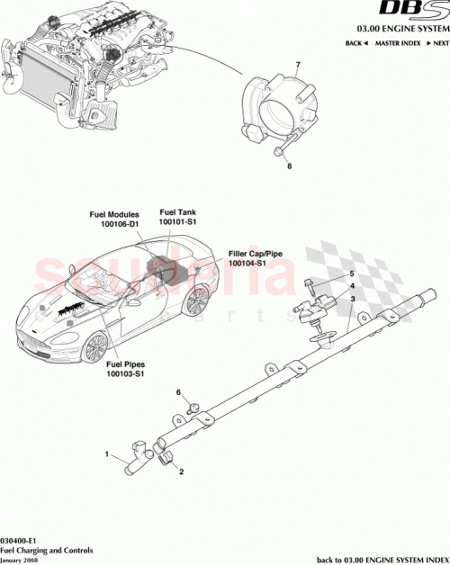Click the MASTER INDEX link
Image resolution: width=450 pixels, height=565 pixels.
[x=399, y=43]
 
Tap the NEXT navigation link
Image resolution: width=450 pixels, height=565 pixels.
[x=438, y=43]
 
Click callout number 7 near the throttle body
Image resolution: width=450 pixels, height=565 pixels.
[x=297, y=66]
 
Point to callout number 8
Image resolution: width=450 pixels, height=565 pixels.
[x=289, y=167]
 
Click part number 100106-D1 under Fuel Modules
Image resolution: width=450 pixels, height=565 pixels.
[x=114, y=225]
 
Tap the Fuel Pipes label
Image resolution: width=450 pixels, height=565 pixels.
[x=126, y=363]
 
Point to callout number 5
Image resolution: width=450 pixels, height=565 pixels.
[x=353, y=274]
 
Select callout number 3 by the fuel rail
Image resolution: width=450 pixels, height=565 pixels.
[x=353, y=299]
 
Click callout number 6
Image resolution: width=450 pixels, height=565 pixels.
[x=178, y=393]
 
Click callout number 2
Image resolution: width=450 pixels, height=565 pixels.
[x=181, y=471]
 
